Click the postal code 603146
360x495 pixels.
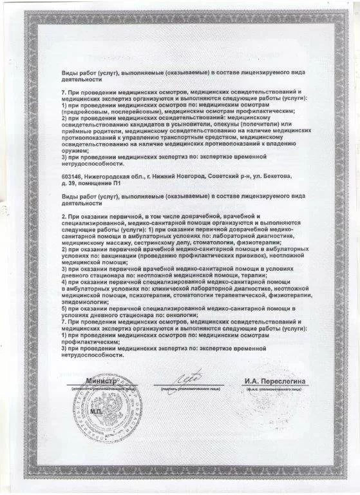[x=71, y=176]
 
